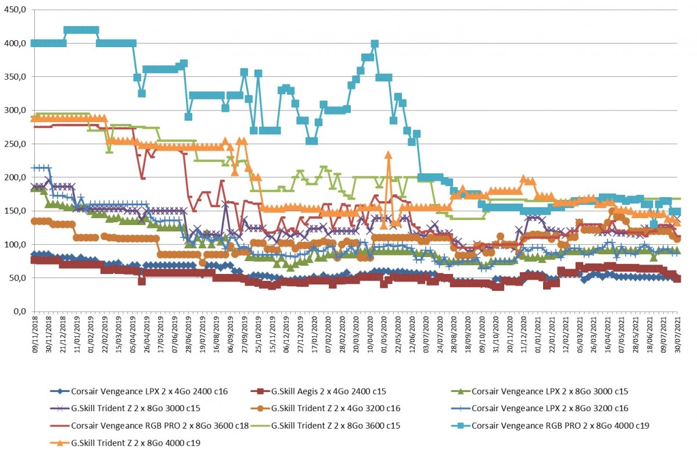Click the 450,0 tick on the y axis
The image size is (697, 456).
point(15,10)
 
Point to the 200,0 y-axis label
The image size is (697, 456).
point(15,177)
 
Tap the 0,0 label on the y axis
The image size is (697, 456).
point(19,311)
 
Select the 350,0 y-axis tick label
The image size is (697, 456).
point(15,77)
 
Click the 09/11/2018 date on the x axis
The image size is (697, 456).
point(35,335)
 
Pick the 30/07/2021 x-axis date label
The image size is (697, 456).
point(677,335)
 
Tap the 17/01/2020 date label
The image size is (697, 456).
point(314,335)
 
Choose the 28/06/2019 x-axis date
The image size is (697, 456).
point(189,335)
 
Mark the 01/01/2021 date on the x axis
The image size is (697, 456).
point(538,335)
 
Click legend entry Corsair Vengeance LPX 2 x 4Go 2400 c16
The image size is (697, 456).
point(139,391)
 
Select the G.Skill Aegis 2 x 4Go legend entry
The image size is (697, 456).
point(318,391)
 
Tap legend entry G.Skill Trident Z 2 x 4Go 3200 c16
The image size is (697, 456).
point(325,408)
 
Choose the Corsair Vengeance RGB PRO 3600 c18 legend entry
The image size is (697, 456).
point(149,426)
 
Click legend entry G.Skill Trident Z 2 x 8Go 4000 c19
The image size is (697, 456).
point(125,443)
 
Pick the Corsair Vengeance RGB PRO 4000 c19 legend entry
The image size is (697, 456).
point(550,426)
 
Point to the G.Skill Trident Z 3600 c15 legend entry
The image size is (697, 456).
point(325,426)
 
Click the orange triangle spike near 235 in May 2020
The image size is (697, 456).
point(388,155)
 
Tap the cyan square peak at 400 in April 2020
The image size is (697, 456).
point(375,44)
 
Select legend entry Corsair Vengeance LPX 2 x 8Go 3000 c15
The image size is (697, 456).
point(540,391)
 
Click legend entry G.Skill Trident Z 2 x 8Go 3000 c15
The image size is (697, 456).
point(125,408)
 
